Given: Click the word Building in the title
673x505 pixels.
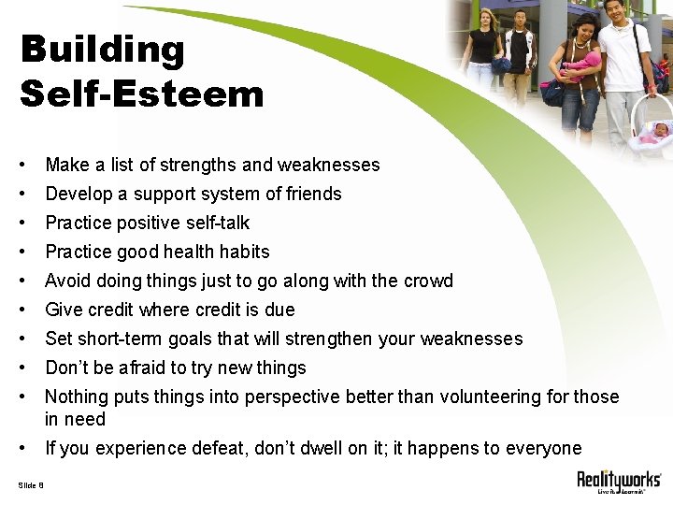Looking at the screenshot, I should (x=102, y=50).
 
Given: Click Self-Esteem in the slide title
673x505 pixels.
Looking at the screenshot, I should (x=141, y=94).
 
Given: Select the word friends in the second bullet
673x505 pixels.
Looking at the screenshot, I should (x=312, y=195).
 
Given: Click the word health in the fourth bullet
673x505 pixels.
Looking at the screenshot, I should (x=193, y=252).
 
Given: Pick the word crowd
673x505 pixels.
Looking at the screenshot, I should (x=426, y=281).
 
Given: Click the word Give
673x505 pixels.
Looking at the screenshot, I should (x=63, y=310).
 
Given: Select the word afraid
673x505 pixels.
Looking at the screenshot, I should (x=140, y=368).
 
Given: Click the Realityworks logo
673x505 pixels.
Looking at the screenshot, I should (x=618, y=482).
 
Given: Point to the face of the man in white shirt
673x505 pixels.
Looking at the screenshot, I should (x=614, y=12).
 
